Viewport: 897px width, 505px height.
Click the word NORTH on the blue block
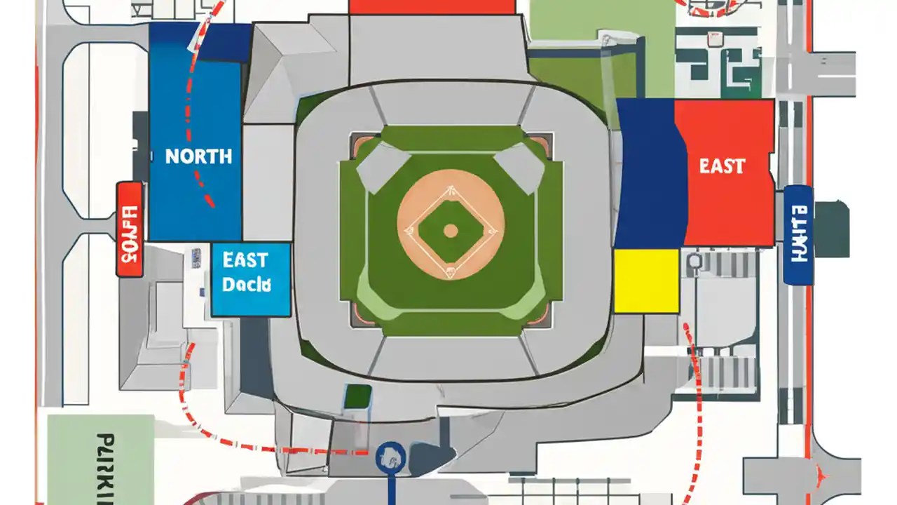(199, 156)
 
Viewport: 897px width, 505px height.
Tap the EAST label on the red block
(722, 166)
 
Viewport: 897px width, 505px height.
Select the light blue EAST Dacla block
(250, 278)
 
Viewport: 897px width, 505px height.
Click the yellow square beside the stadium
(646, 280)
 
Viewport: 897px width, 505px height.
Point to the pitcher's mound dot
(451, 230)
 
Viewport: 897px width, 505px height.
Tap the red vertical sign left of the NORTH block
(130, 229)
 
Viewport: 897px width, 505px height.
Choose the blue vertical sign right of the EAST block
(798, 235)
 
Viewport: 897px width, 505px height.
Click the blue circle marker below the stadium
(391, 457)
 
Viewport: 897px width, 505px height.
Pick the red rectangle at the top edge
(432, 6)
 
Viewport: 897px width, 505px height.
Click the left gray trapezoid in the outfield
(383, 167)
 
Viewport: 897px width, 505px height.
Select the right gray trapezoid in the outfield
(520, 167)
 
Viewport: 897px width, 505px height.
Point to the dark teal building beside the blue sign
(832, 228)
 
